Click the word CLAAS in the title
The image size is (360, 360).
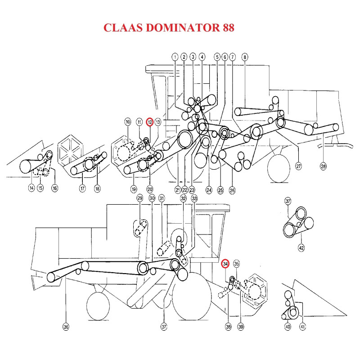(121, 28)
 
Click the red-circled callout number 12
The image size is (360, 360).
(150, 122)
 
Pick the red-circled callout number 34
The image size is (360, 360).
(225, 264)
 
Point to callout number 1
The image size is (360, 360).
(175, 57)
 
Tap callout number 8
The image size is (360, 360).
(245, 57)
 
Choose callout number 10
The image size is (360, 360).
(128, 122)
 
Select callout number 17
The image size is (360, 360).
(82, 189)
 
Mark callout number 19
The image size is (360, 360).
(134, 189)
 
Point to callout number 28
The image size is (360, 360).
(323, 166)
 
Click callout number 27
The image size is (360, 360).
(298, 166)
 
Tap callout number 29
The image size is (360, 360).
(139, 198)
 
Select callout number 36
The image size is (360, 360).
(66, 327)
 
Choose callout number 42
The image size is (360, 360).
(301, 247)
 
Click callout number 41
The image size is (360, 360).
(302, 327)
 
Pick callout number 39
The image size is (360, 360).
(240, 327)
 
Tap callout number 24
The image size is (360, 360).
(209, 190)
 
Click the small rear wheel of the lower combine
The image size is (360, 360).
(98, 306)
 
